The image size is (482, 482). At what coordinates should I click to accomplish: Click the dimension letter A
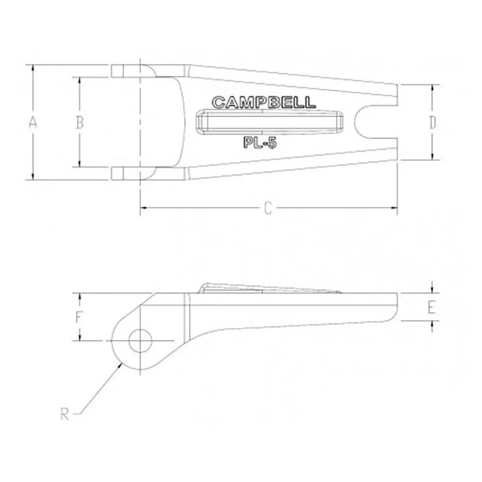33,122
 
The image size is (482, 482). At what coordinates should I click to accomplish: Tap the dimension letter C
268,208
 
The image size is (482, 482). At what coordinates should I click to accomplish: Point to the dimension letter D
432,122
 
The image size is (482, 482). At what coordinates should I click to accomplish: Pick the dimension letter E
432,307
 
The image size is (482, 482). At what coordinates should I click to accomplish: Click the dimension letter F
79,317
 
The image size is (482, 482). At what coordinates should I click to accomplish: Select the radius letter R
65,414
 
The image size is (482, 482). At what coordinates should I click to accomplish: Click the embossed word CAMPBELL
264,102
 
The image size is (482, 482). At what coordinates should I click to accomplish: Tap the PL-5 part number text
260,142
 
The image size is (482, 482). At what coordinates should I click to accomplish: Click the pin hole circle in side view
140,329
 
